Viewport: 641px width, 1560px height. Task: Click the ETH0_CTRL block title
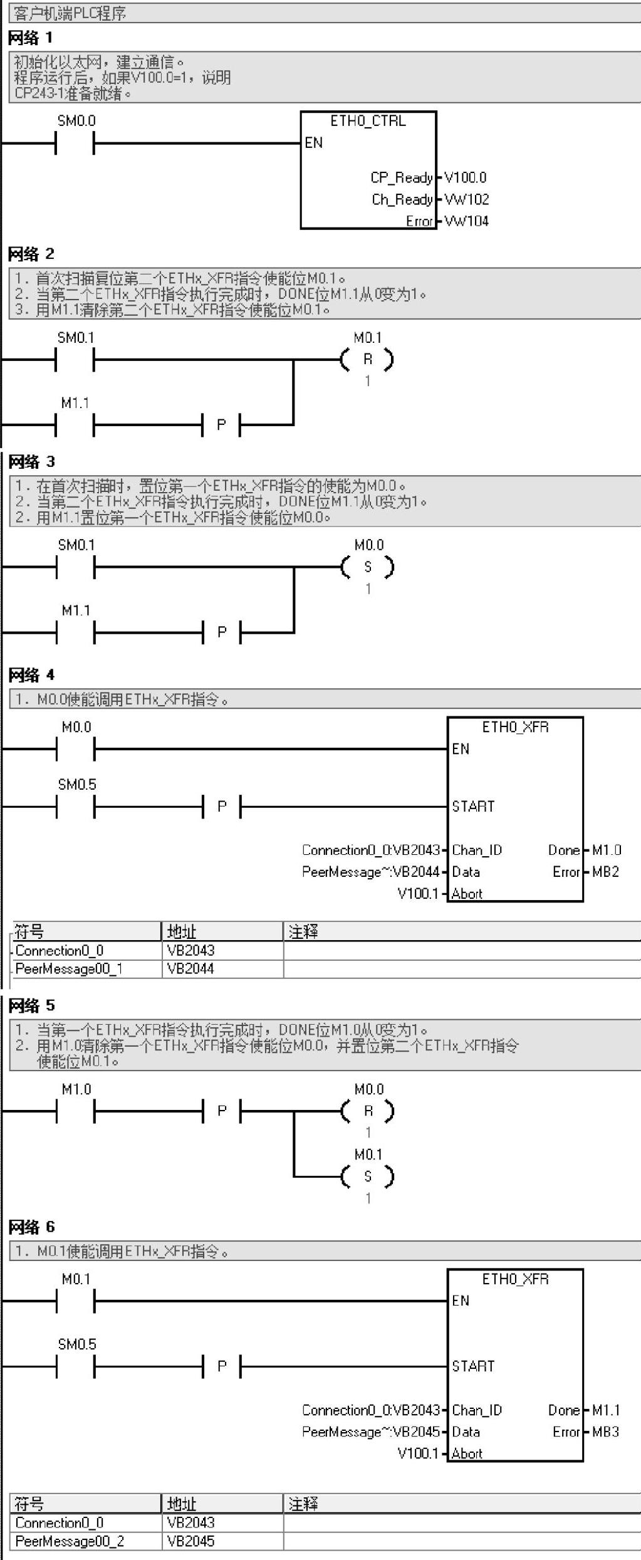point(368,121)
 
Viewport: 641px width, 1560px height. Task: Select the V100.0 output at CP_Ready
point(465,178)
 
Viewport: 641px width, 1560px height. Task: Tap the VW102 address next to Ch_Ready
point(467,200)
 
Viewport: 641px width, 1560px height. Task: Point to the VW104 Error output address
point(467,221)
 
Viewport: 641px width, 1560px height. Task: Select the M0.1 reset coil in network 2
point(368,360)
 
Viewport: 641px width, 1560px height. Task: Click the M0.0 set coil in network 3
point(368,567)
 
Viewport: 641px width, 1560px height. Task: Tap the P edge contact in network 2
point(221,425)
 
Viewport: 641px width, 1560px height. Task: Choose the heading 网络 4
point(31,675)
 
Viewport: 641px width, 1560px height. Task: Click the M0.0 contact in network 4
point(75,748)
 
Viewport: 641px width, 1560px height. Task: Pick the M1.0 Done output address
point(607,851)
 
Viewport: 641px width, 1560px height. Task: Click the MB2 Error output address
point(605,872)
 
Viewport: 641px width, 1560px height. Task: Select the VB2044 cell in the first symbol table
point(190,969)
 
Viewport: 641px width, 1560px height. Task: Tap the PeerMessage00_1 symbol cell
point(69,969)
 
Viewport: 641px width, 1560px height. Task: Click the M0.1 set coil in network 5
point(368,1176)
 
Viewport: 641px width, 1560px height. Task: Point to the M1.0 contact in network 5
point(75,1111)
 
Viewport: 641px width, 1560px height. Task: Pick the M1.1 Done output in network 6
point(606,1410)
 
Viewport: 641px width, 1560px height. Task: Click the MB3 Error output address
point(605,1432)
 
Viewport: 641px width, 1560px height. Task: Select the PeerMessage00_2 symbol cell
point(70,1541)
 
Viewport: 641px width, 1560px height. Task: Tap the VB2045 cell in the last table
point(190,1541)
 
